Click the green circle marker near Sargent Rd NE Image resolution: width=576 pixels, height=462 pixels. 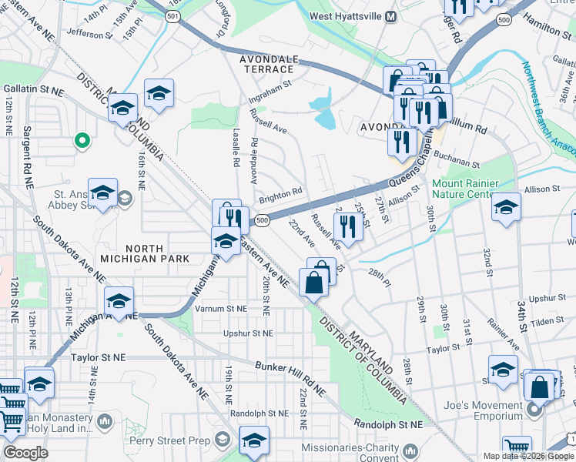[x=80, y=140]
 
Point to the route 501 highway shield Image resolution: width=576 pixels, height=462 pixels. [x=175, y=15]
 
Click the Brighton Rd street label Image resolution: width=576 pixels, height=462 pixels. [x=280, y=197]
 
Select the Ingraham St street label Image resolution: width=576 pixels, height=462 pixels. [x=270, y=91]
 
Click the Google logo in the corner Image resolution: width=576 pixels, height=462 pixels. [x=25, y=453]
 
